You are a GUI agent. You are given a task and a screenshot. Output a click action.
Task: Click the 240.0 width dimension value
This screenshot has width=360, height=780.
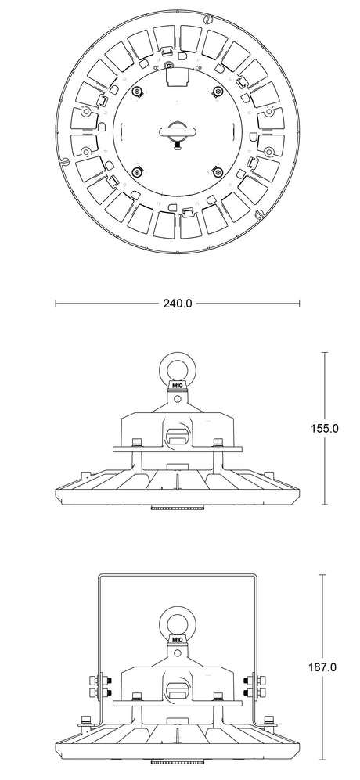tap(178, 303)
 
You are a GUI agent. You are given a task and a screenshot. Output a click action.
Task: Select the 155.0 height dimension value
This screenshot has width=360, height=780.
tap(325, 428)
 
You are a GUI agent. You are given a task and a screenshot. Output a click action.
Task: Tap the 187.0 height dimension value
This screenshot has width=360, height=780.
tap(322, 667)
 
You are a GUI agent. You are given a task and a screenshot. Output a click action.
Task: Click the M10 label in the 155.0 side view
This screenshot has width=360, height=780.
tap(178, 385)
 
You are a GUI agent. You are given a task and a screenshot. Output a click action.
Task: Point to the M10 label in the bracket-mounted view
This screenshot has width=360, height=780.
tap(178, 638)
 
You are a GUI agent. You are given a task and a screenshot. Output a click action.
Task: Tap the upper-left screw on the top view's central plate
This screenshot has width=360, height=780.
tap(137, 91)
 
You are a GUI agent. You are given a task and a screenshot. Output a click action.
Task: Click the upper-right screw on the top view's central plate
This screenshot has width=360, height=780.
tap(218, 91)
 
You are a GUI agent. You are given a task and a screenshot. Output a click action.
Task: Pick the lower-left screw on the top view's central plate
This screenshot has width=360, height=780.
tap(137, 172)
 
